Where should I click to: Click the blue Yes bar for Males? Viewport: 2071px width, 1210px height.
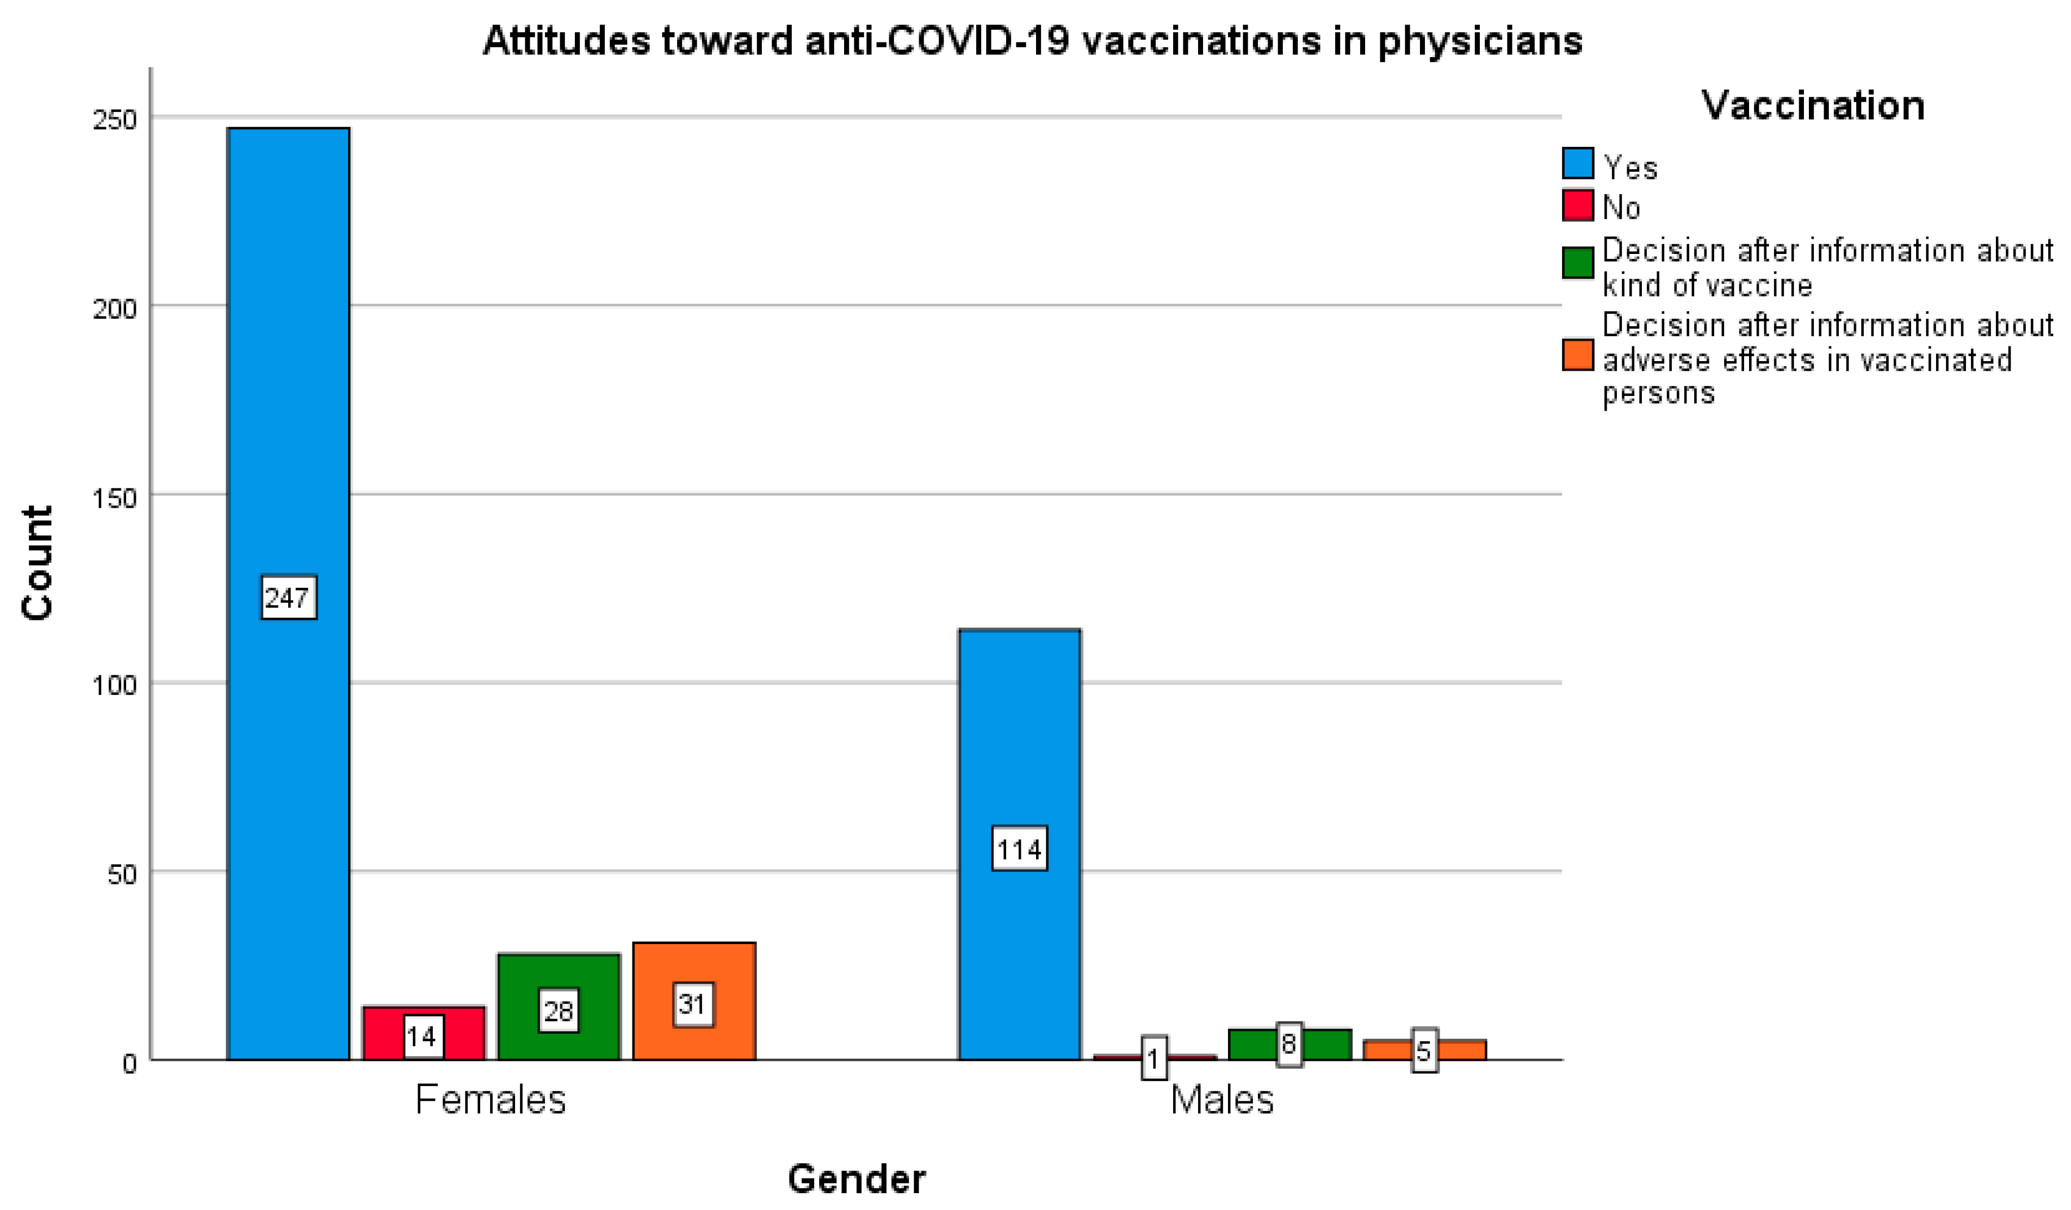1019,740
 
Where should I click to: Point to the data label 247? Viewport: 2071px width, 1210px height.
288,597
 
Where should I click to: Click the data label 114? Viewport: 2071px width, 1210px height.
1019,849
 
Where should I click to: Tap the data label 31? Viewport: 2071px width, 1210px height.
693,1004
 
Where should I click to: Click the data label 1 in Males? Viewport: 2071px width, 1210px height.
1154,1059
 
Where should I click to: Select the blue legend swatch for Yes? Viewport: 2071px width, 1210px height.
1577,164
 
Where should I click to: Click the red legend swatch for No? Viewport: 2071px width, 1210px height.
1577,206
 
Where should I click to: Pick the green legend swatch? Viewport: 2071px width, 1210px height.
1577,263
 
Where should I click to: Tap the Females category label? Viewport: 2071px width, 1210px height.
491,1100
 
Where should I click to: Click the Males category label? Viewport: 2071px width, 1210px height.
1221,1100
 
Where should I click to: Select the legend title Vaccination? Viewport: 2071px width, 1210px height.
1812,105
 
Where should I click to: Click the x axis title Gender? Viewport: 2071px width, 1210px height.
857,1179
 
